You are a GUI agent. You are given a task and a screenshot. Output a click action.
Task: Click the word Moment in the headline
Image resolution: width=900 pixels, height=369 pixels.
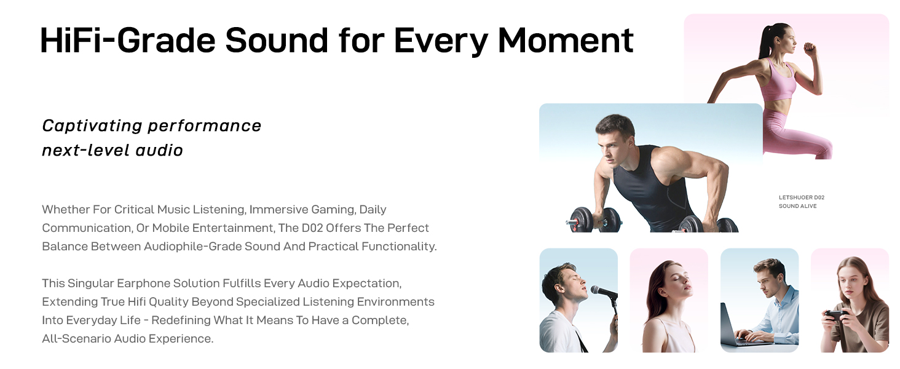[566, 40]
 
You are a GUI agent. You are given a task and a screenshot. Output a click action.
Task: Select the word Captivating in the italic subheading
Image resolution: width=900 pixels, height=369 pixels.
[92, 126]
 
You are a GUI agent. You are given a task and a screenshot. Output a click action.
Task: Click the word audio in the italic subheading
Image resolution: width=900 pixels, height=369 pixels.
[159, 151]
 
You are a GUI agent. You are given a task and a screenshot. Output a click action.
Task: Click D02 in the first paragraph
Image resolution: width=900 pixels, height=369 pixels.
[312, 228]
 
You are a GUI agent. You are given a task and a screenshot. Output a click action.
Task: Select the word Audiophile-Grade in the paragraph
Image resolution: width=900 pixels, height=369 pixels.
[192, 247]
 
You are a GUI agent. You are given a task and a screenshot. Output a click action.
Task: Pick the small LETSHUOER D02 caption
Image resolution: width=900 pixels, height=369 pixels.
[802, 197]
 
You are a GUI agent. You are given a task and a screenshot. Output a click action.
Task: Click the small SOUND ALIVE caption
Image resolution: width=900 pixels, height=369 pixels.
[797, 206]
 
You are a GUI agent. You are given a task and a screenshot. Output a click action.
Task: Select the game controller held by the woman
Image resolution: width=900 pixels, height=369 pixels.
[837, 315]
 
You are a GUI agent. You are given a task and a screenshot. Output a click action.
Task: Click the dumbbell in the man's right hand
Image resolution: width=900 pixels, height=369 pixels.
[594, 220]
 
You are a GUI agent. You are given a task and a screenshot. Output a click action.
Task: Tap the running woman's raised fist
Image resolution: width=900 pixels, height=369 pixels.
[810, 49]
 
